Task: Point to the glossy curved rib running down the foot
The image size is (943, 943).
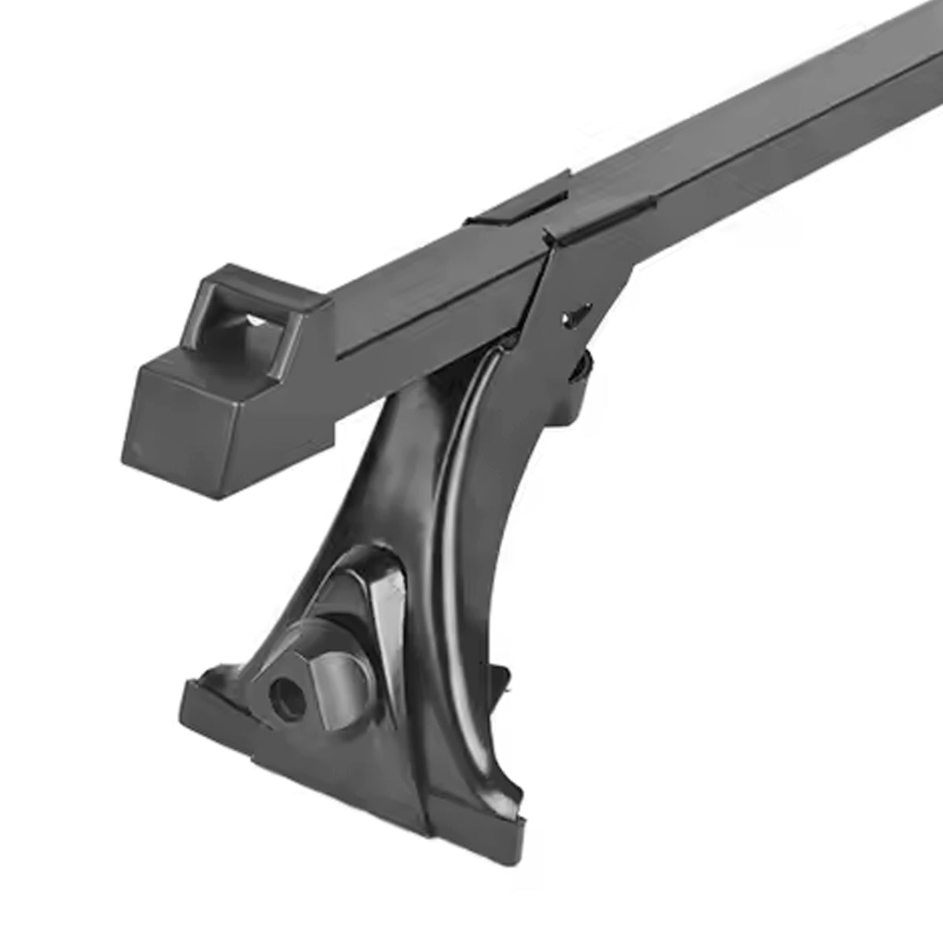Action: [456, 487]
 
